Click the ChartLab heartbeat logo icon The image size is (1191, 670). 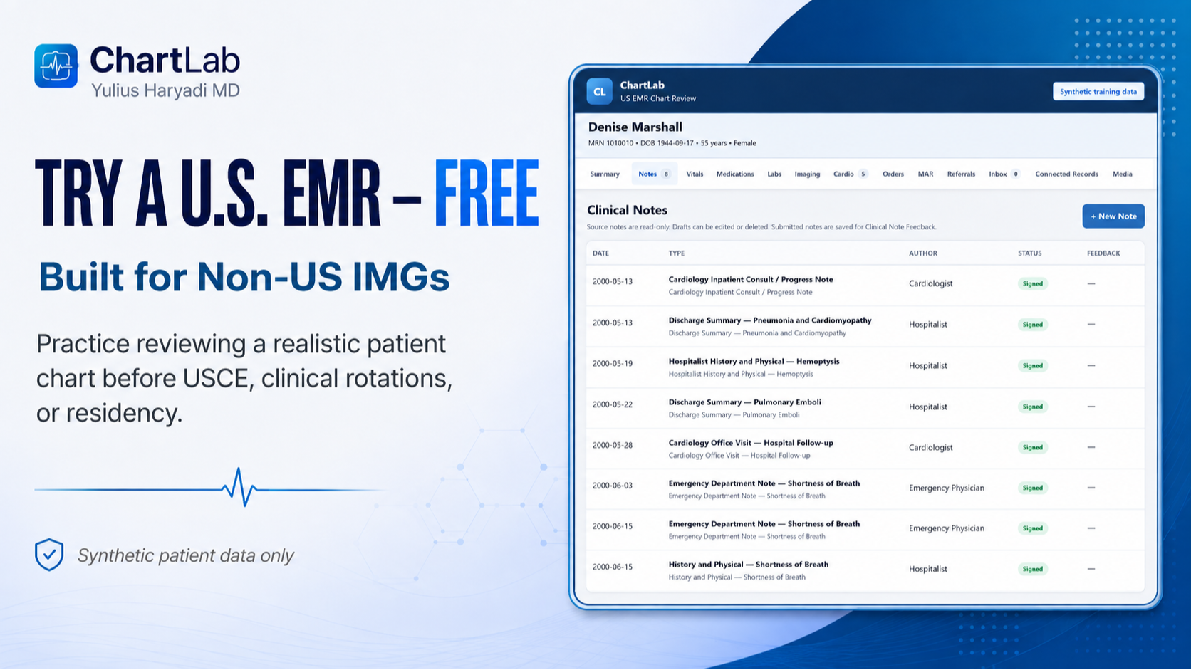click(x=56, y=66)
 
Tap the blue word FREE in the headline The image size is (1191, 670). click(x=487, y=194)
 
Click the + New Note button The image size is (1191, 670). click(x=1113, y=216)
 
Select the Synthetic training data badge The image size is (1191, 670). click(x=1098, y=91)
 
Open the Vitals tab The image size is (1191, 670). click(x=695, y=174)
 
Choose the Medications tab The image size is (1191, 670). click(x=735, y=174)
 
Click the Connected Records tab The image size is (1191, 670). click(x=1066, y=174)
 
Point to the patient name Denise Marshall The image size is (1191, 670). click(x=635, y=127)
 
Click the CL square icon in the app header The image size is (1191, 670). click(x=599, y=91)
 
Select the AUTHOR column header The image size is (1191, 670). click(x=923, y=253)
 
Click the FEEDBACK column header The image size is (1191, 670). click(x=1103, y=253)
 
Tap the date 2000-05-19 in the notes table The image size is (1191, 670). click(x=613, y=363)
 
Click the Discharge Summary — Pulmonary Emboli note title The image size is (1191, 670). click(x=744, y=402)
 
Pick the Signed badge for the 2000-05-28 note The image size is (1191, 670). click(x=1033, y=447)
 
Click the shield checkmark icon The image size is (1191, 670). click(x=49, y=554)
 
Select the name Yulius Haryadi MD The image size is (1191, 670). click(x=165, y=90)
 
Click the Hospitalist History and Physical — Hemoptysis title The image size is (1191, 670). click(x=754, y=361)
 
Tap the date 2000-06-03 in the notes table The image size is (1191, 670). click(x=613, y=486)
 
